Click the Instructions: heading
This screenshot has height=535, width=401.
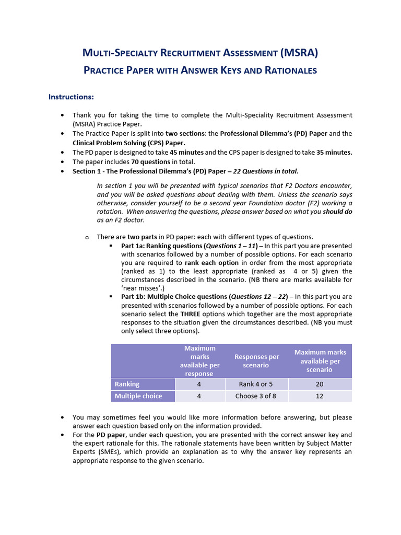[x=71, y=97]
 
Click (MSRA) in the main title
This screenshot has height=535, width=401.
[x=299, y=52]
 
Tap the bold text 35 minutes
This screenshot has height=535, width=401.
[x=331, y=152]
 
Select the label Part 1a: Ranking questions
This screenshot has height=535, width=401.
[x=162, y=246]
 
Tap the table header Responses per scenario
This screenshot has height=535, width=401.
[x=256, y=361]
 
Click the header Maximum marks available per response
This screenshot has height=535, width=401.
[x=199, y=361]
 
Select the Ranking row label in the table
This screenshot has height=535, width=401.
[x=127, y=384]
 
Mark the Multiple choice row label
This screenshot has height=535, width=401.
[x=138, y=396]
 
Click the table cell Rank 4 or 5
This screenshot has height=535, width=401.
[x=256, y=384]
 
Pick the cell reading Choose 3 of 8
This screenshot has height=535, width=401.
[x=256, y=396]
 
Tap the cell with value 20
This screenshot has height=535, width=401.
[x=320, y=384]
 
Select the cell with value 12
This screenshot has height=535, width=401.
[x=320, y=396]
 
